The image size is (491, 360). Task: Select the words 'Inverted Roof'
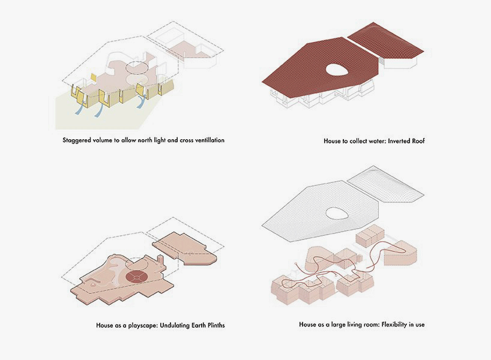click(x=406, y=141)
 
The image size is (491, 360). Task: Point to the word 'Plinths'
click(x=214, y=325)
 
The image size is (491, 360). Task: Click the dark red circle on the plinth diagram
click(x=136, y=277)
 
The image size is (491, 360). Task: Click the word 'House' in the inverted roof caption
click(x=331, y=141)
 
